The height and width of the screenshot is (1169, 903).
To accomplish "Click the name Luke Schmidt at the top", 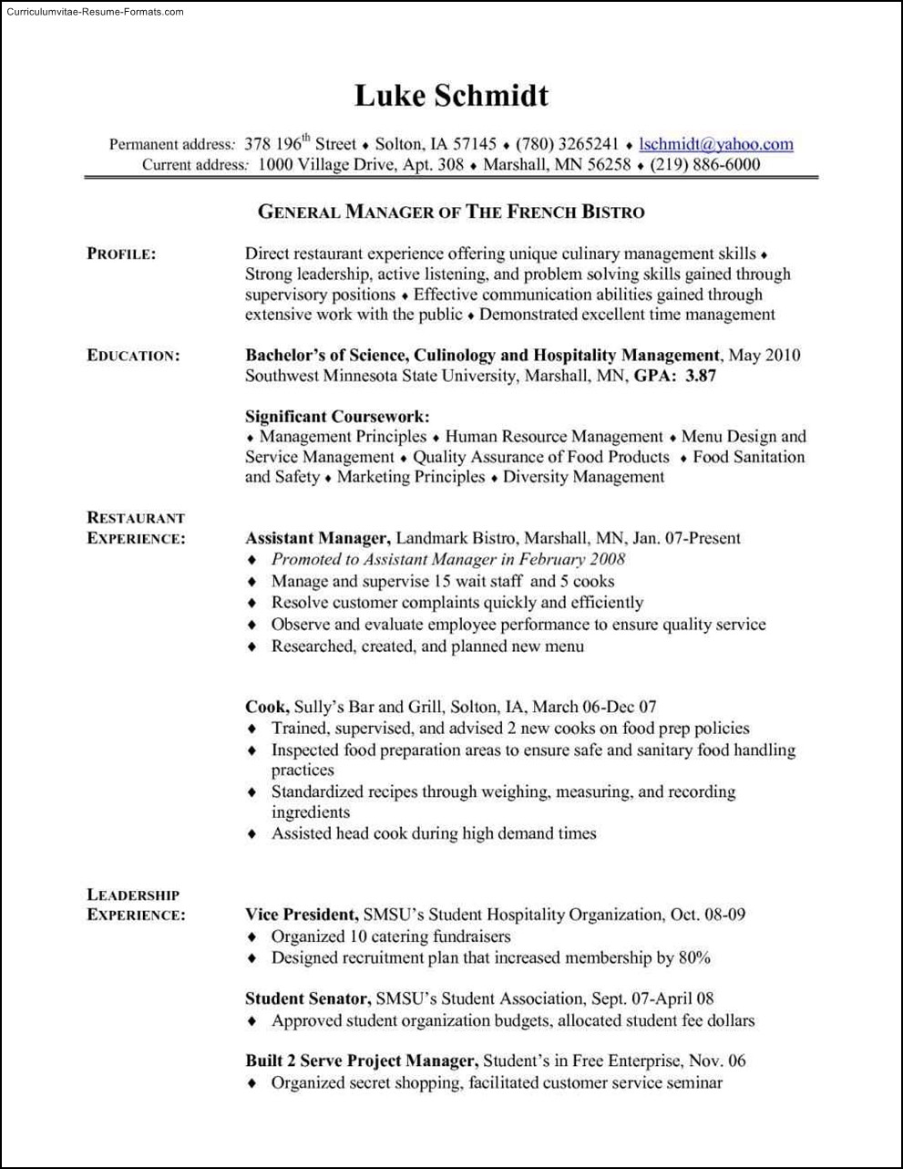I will point(451,96).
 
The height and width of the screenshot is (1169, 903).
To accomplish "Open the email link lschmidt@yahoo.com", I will point(716,144).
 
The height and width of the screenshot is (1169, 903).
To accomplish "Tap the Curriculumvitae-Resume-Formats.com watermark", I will point(93,12).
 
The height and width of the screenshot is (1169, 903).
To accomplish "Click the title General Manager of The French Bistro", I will point(451,212).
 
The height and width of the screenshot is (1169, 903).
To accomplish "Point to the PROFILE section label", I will point(121,254).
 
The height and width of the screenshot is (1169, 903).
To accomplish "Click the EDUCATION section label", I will point(133,356).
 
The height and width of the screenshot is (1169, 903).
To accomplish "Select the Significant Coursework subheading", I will point(337,417).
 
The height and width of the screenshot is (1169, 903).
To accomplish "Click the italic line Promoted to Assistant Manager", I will point(448,559).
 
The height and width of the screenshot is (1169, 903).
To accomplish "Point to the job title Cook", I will point(267,707).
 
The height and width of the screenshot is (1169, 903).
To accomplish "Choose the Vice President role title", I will point(302,915).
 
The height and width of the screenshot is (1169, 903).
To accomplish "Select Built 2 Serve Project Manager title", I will point(362,1061).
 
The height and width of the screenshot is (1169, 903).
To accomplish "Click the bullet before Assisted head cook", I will point(252,834).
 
